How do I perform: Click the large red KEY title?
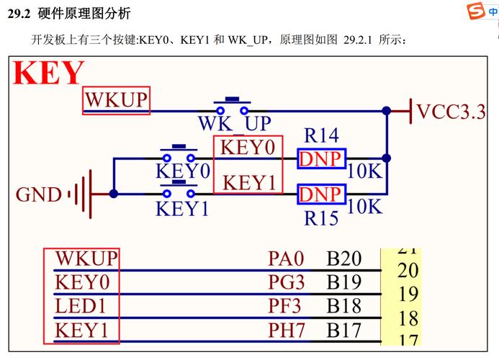pyautogui.click(x=49, y=74)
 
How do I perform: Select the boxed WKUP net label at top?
pyautogui.click(x=116, y=101)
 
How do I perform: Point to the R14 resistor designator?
pyautogui.click(x=321, y=135)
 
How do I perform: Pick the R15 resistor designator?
pyautogui.click(x=321, y=217)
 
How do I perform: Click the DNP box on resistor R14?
pyautogui.click(x=321, y=158)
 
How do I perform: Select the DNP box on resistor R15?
pyautogui.click(x=321, y=194)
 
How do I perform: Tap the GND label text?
pyautogui.click(x=39, y=194)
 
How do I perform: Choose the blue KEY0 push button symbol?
pyautogui.click(x=178, y=155)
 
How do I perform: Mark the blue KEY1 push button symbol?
pyautogui.click(x=178, y=192)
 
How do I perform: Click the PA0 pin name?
pyautogui.click(x=287, y=258)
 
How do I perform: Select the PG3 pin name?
pyautogui.click(x=287, y=282)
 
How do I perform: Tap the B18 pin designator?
pyautogui.click(x=343, y=307)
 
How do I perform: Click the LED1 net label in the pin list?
pyautogui.click(x=81, y=307)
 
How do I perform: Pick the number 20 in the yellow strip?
pyautogui.click(x=408, y=270)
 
